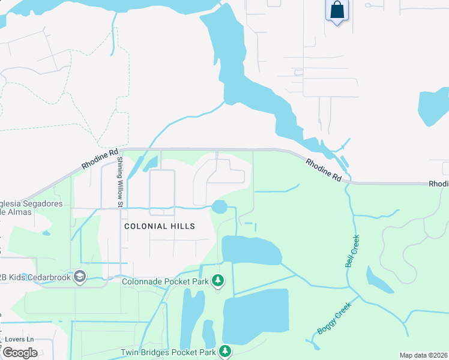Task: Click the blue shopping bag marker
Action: tap(337, 11)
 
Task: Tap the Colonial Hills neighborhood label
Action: tap(160, 226)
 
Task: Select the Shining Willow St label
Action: tap(120, 182)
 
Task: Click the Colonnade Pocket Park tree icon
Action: tap(219, 281)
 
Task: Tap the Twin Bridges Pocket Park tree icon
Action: tap(225, 352)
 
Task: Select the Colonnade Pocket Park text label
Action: tap(165, 281)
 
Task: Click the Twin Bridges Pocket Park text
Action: tap(167, 352)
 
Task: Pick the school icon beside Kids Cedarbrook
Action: tap(80, 277)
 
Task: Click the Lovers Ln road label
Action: tap(18, 339)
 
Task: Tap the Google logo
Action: tap(20, 353)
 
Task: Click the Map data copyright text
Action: tap(423, 355)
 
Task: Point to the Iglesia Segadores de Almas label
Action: tap(30, 208)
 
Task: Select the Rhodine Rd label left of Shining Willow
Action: tap(101, 158)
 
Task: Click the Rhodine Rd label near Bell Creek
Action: tap(324, 170)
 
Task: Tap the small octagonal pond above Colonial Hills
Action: tap(219, 207)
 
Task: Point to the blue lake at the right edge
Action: tap(434, 108)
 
